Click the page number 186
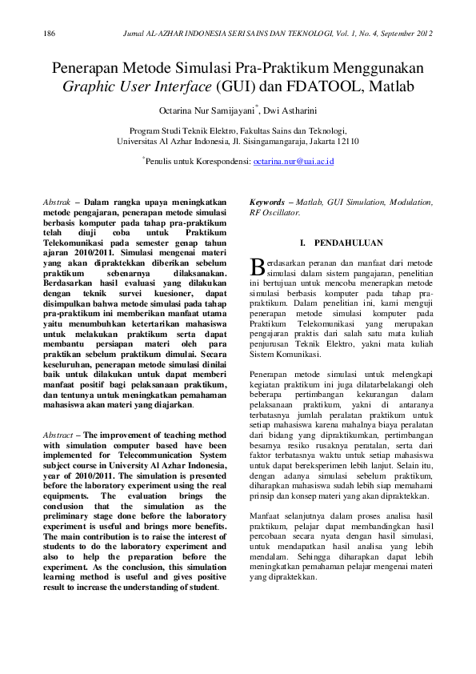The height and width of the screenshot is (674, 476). click(49, 34)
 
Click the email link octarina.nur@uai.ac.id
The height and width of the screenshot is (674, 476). click(293, 162)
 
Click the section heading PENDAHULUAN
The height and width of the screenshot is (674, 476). click(348, 242)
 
